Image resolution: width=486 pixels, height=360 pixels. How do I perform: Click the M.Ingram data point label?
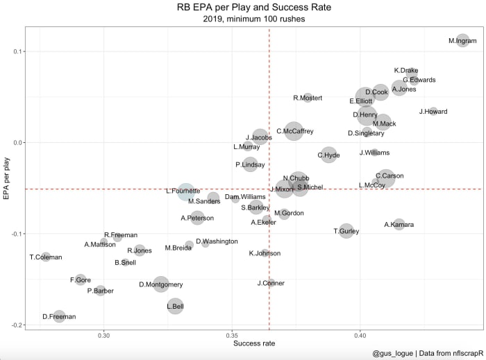pyautogui.click(x=462, y=42)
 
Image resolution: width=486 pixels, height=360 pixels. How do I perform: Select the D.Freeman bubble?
pyautogui.click(x=59, y=317)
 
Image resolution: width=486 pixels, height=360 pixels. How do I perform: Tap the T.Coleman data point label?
pyautogui.click(x=46, y=257)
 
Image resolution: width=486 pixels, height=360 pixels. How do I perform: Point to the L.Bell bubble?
pyautogui.click(x=175, y=305)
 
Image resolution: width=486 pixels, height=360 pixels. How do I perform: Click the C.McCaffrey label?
pyautogui.click(x=294, y=131)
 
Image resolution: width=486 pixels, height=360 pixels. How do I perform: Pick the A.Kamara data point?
pyautogui.click(x=399, y=225)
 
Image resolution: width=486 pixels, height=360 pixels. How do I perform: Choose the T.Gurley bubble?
pyautogui.click(x=346, y=231)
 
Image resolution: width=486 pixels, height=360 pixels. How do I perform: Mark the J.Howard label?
pyautogui.click(x=433, y=112)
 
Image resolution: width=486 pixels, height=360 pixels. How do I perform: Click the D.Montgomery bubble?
pyautogui.click(x=161, y=284)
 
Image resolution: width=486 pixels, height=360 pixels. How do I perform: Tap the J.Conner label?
pyautogui.click(x=271, y=283)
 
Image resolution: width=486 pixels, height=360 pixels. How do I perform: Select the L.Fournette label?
pyautogui.click(x=183, y=191)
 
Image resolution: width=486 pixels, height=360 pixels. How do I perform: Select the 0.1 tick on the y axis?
pyautogui.click(x=17, y=51)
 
